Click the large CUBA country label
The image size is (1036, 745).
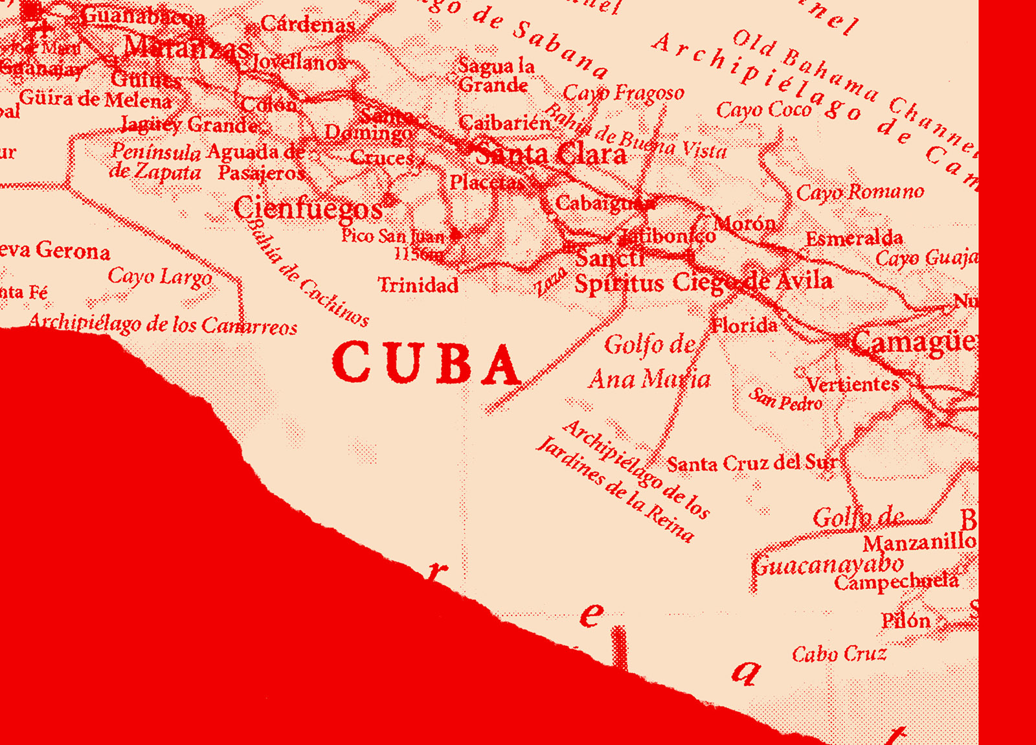426,364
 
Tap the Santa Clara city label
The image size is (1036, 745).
551,154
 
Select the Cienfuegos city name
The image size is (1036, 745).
308,209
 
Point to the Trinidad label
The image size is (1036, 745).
418,285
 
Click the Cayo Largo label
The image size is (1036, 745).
160,277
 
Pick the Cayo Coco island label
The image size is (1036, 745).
764,109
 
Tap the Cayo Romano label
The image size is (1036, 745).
860,192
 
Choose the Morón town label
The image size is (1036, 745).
745,223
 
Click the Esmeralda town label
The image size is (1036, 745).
854,238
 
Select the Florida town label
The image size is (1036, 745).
744,325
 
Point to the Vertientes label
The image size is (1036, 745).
853,384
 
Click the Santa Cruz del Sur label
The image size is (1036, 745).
752,463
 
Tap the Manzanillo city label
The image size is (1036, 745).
919,542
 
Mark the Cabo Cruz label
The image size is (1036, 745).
839,654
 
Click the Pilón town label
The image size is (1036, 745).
906,621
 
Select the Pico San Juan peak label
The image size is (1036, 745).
394,236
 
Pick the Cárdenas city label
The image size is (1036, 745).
308,25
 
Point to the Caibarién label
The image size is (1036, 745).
504,122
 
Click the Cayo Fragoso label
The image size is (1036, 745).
624,93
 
